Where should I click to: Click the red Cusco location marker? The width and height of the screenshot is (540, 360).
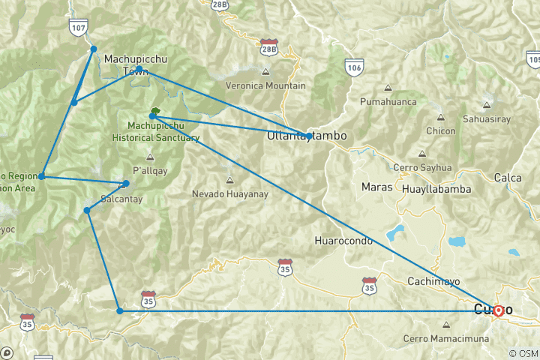pos(498,310)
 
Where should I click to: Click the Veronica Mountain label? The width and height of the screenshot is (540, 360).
pos(265,85)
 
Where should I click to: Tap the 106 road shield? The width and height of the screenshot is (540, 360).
pos(355,67)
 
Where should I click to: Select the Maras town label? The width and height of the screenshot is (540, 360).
pos(376,186)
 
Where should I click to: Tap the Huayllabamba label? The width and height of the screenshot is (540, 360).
pos(436,189)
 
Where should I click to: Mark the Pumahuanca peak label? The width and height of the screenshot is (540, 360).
pos(388,100)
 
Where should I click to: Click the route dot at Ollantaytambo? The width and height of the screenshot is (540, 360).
pos(309,136)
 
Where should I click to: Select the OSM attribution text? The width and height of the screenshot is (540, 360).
pos(522,353)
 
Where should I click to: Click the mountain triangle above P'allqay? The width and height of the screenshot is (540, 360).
pos(150,157)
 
